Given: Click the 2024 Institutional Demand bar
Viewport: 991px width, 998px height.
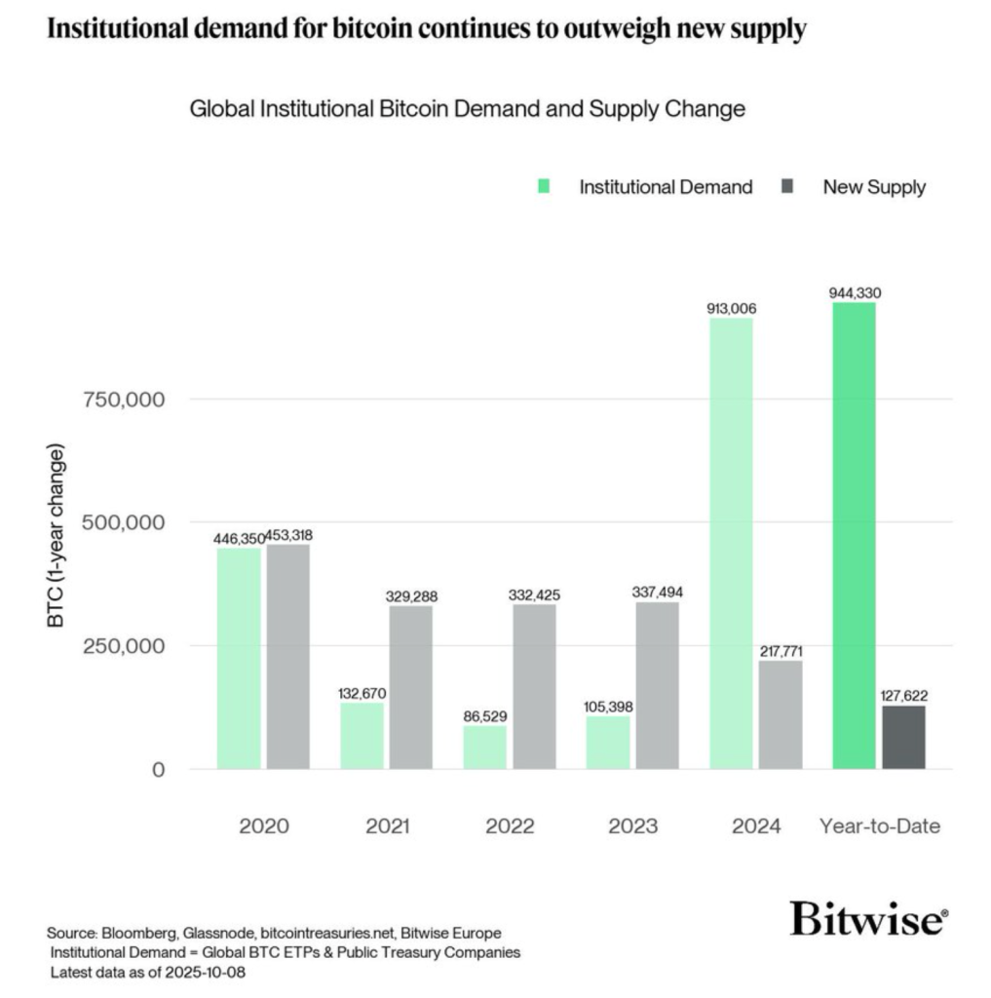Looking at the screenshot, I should click(731, 543).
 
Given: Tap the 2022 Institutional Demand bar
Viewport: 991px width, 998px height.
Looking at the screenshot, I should click(484, 747).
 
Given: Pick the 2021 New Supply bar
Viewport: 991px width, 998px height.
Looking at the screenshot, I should click(411, 687).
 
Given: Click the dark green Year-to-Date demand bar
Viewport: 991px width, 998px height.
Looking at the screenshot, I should click(856, 535).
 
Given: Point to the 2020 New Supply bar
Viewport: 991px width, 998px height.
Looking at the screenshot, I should click(288, 656).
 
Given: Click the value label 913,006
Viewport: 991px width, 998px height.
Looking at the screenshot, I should click(731, 309).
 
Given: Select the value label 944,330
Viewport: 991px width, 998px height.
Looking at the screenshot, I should click(856, 292).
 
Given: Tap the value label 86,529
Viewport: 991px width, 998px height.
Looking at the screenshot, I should click(484, 716).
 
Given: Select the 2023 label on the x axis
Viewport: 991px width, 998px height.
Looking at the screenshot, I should click(632, 826).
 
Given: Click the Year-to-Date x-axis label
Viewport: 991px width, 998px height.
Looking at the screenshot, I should click(880, 826).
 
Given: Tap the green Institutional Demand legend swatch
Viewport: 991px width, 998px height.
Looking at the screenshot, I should click(544, 186).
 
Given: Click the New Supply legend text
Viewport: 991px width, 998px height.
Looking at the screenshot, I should click(874, 187).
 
